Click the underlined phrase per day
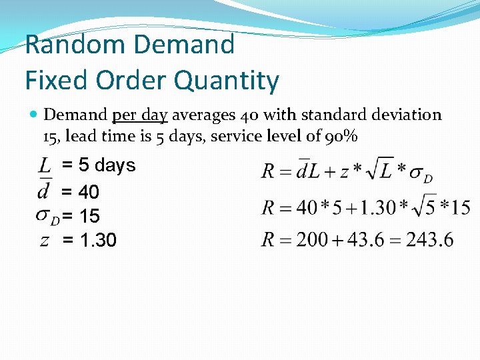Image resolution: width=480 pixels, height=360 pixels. point(139,115)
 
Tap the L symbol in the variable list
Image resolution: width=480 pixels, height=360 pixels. point(45,165)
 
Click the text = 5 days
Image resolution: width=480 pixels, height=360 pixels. point(98,165)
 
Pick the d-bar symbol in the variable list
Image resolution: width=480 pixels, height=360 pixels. point(44,191)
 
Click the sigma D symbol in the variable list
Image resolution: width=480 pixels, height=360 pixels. point(47,216)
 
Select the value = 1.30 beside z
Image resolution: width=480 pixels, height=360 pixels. point(89,240)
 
